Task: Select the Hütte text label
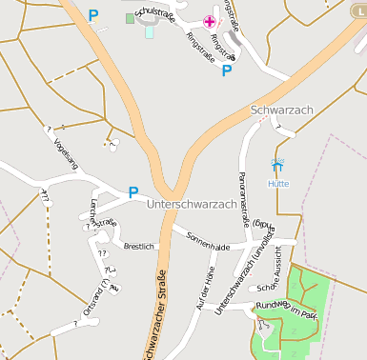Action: [278, 183]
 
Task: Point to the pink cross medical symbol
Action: [210, 21]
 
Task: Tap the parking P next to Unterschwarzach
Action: [133, 192]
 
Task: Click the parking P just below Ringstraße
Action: [227, 70]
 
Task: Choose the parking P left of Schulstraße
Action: [92, 15]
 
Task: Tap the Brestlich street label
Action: [139, 246]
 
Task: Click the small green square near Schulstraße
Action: [131, 18]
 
